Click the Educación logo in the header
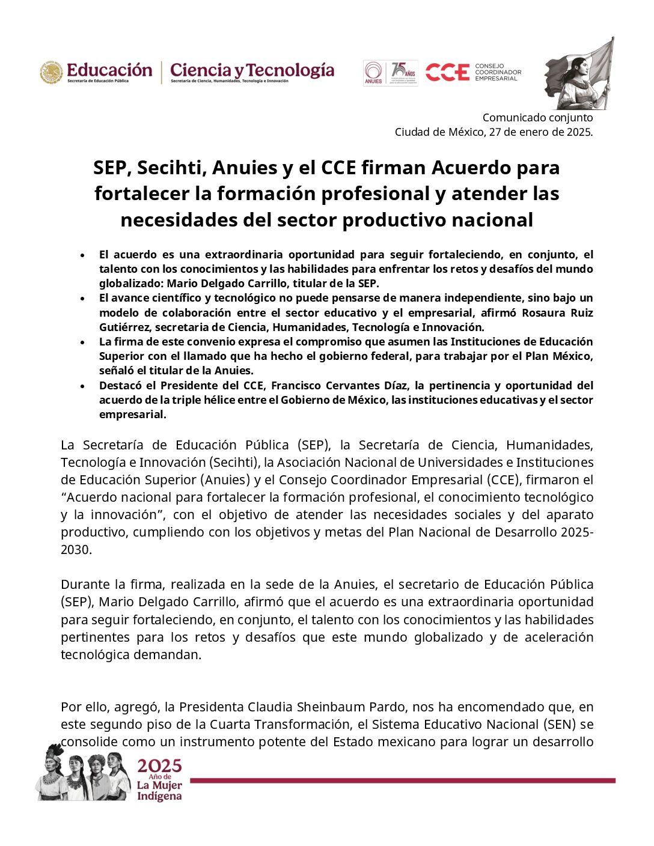[96, 72]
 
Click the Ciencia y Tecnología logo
[252, 72]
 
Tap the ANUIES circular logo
[373, 73]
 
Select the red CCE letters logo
[447, 73]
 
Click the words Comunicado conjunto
[537, 118]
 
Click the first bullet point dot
[82, 255]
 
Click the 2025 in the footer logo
[159, 766]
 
